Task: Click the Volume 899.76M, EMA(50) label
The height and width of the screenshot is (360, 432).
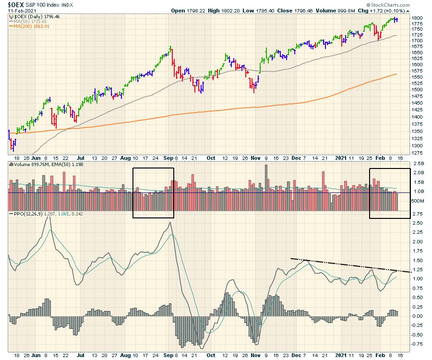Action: tap(43, 164)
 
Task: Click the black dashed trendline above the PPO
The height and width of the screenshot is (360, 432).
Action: tap(350, 265)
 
